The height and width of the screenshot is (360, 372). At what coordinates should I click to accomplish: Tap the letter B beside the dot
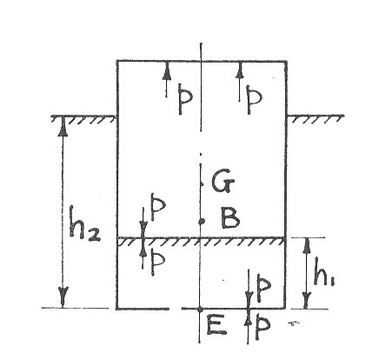pos(230,217)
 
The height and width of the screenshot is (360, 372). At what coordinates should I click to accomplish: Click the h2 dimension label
pos(84,224)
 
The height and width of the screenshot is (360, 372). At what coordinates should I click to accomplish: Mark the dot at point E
pos(200,309)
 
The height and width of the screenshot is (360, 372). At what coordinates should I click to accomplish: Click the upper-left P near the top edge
pos(184,99)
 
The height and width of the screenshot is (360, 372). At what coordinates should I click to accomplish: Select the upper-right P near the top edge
pos(254,99)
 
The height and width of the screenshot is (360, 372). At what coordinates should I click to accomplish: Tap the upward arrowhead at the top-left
pos(166,71)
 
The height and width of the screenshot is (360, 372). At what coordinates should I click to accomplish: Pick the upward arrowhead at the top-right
pos(239,70)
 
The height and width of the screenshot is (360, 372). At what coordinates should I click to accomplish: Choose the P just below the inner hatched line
pos(158,263)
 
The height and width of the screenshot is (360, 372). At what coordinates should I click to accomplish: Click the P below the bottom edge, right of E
pos(262,328)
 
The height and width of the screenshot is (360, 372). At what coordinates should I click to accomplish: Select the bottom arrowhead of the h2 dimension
pos(63,297)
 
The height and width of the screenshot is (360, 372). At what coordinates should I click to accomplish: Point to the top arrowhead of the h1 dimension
pos(308,247)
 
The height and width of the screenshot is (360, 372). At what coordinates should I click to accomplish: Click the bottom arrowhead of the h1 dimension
pos(307,300)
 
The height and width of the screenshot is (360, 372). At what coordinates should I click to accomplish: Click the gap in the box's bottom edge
pos(175,309)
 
